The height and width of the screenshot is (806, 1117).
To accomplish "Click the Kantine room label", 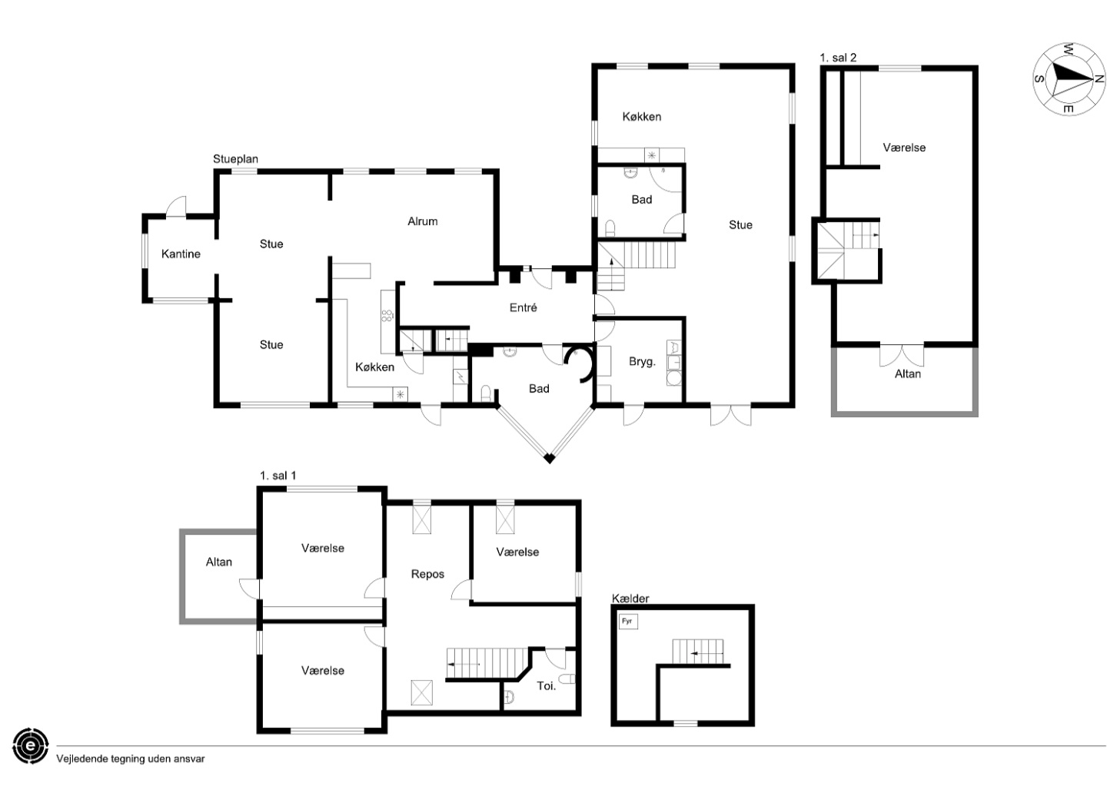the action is coord(181,254).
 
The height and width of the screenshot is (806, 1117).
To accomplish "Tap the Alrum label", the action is coord(422,221).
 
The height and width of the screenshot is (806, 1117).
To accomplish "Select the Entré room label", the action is coord(523,307).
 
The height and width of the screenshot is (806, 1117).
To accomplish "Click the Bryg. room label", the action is coord(642,361).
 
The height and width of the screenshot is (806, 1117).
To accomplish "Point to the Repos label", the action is coord(427,574).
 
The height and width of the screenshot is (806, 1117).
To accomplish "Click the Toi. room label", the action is coord(546,686).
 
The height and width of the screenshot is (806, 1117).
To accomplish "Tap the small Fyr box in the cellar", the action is coord(628,622).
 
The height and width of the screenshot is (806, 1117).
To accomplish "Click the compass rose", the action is coord(1069,78).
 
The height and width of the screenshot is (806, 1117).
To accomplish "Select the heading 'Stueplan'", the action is coord(235,159).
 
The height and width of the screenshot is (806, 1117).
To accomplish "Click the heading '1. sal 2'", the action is coord(838,58).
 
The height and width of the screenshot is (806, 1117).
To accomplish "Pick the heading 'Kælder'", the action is coord(630,598).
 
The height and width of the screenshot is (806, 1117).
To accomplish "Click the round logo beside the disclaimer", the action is coord(31,746).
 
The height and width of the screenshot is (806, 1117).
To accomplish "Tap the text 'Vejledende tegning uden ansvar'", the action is coord(131,758).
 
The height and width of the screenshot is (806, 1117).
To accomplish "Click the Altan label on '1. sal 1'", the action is coord(219,562).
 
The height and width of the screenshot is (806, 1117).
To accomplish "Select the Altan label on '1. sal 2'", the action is coord(908,374).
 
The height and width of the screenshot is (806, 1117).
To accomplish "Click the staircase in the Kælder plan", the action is coord(697,652).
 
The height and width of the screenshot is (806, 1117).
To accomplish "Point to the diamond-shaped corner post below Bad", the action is coord(549,458).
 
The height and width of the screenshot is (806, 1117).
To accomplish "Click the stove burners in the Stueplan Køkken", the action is coord(387,315).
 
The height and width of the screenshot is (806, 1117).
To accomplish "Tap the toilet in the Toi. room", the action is coord(567,679).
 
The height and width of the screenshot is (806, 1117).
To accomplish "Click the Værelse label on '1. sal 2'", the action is coord(904,148).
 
